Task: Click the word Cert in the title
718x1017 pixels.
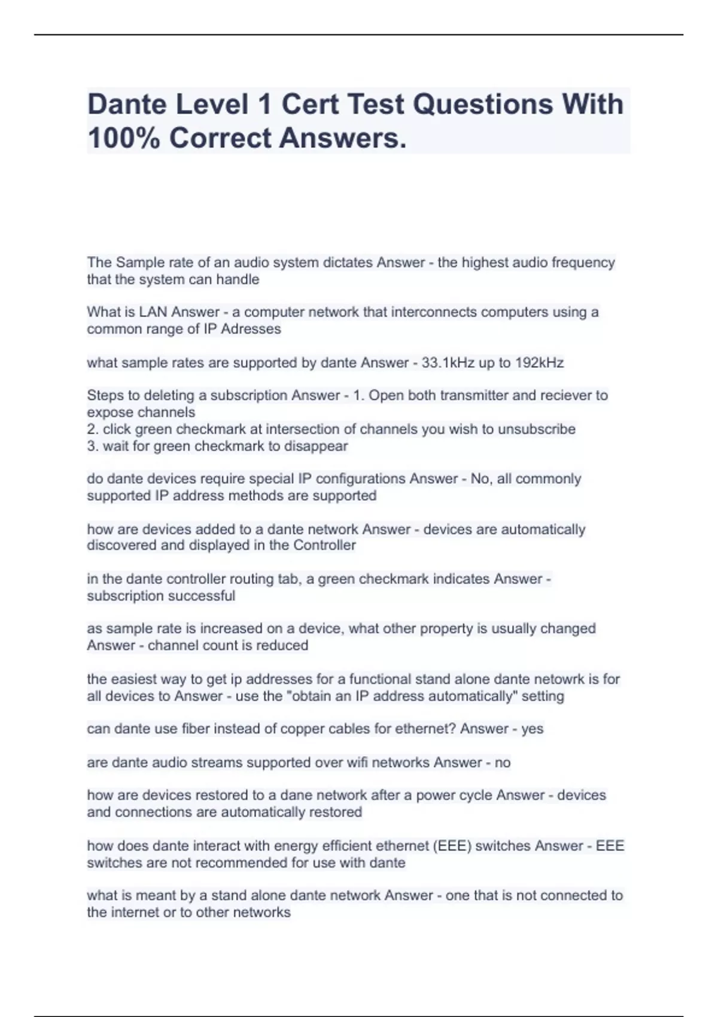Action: tap(308, 104)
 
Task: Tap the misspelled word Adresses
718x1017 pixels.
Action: tap(251, 329)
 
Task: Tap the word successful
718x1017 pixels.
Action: tap(204, 596)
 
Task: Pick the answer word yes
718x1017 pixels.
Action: tap(532, 729)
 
